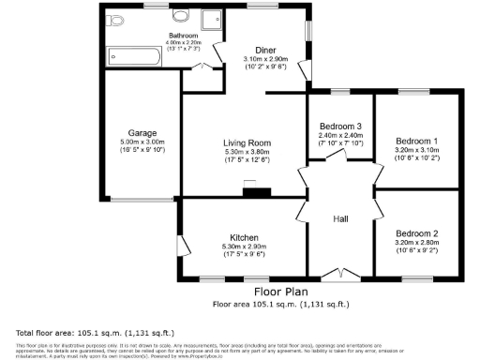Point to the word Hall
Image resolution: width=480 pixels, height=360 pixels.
(x=341, y=219)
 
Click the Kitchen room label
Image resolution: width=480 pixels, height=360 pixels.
(x=244, y=237)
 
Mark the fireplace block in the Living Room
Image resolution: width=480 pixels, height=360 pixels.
(x=254, y=194)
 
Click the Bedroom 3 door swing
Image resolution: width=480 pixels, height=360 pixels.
(x=334, y=160)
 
